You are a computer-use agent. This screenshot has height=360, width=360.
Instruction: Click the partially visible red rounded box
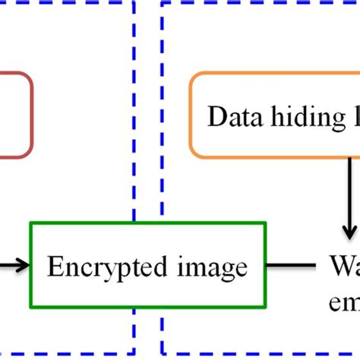pos(15,115)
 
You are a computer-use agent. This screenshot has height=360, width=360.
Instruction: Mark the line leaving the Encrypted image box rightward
pos(292,266)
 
